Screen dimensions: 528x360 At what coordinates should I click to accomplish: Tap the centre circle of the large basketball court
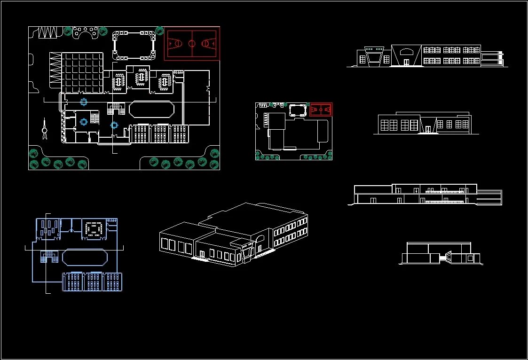click(x=192, y=43)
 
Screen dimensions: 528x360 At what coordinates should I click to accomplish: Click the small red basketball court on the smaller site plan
click(x=321, y=109)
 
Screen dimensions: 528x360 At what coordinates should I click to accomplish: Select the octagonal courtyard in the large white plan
click(x=151, y=109)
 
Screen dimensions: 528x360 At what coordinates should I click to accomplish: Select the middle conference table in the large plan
click(x=141, y=78)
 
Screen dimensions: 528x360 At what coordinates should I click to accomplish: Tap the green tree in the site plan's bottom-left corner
click(x=33, y=153)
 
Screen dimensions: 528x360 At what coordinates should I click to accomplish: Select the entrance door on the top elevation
click(x=406, y=62)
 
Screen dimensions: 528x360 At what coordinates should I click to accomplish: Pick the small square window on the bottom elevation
click(x=470, y=258)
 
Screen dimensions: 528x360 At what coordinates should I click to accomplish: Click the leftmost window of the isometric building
click(x=165, y=243)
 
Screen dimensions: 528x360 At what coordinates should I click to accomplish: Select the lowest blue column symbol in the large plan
click(x=114, y=125)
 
